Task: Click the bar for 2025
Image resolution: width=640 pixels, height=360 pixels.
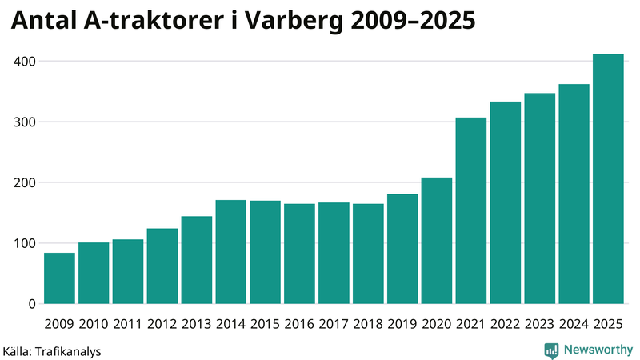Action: click(x=608, y=179)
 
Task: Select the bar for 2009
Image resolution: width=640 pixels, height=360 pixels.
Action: click(x=59, y=278)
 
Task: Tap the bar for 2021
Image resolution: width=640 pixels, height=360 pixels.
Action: click(x=471, y=211)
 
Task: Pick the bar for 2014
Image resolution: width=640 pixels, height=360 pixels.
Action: click(x=231, y=252)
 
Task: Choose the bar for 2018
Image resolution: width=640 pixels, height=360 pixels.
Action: click(x=368, y=254)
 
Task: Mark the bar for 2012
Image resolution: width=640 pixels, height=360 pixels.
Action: click(x=162, y=266)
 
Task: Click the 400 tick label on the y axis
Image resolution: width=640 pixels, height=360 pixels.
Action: click(x=24, y=62)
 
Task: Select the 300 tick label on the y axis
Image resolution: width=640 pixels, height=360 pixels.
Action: click(x=24, y=122)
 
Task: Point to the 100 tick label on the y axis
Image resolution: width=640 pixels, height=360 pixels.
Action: click(x=24, y=243)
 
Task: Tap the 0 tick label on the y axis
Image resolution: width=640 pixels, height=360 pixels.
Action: click(x=31, y=304)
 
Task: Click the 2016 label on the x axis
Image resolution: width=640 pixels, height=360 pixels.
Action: click(x=299, y=323)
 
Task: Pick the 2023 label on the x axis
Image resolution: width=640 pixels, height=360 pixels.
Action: click(x=540, y=323)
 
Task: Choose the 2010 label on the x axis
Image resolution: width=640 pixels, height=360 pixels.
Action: click(x=94, y=323)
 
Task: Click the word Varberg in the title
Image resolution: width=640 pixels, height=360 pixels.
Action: click(x=294, y=23)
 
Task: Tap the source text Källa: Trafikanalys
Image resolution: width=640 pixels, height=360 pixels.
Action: click(x=52, y=350)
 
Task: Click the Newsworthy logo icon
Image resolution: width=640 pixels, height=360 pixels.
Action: click(x=551, y=350)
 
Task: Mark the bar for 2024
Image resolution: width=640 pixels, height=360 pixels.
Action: click(x=574, y=194)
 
